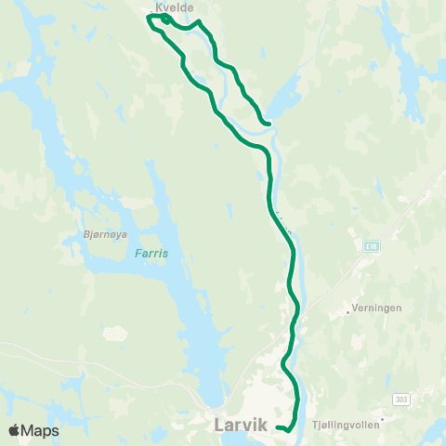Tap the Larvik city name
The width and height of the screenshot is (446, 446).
click(x=240, y=425)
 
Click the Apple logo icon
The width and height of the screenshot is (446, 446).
click(x=14, y=431)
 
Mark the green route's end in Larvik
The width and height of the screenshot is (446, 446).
click(x=278, y=427)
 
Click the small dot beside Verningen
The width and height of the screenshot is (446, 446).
click(x=348, y=313)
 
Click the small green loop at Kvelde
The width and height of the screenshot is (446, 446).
click(x=164, y=19)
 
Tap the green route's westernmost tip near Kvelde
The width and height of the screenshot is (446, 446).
click(x=148, y=17)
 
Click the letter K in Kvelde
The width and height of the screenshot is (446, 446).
click(x=158, y=6)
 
